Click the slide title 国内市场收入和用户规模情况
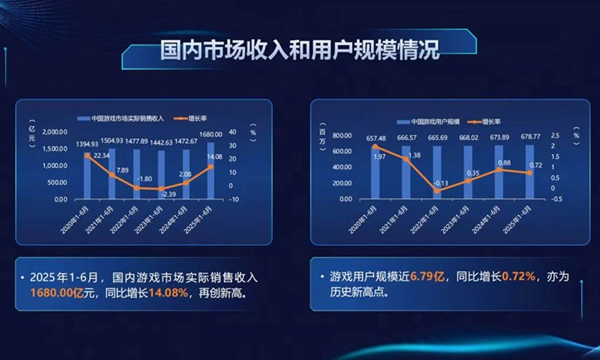(299, 50)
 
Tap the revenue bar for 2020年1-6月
(88, 177)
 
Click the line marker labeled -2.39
(161, 189)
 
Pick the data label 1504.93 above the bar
(112, 140)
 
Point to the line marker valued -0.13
(437, 191)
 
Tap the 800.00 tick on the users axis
(341, 136)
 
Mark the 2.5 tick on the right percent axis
(555, 136)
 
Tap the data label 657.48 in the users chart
(376, 139)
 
